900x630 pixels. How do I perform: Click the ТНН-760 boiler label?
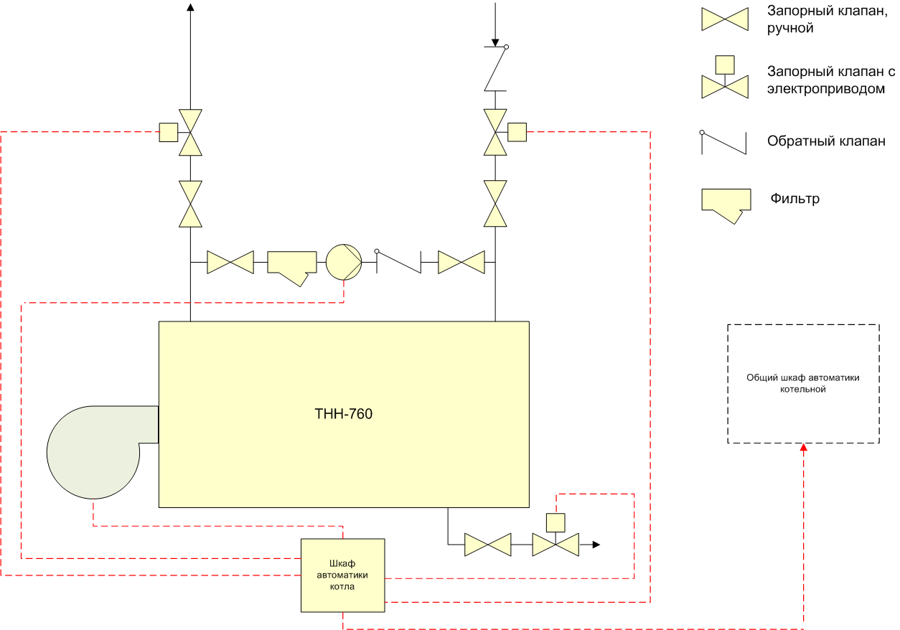(x=344, y=414)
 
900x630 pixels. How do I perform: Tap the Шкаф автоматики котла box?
(x=343, y=575)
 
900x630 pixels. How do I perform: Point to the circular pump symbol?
(x=344, y=262)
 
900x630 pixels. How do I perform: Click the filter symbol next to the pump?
(x=292, y=268)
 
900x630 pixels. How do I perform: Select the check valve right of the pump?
(x=398, y=261)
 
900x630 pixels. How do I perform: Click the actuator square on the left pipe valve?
(x=169, y=132)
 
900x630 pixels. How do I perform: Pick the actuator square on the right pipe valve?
(x=517, y=132)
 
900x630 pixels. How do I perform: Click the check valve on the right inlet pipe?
(x=496, y=68)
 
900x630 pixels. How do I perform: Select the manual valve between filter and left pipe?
(x=230, y=263)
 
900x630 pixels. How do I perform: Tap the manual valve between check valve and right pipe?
(x=461, y=263)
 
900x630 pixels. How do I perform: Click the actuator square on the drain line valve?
(x=556, y=522)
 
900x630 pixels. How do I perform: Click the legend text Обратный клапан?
(x=826, y=141)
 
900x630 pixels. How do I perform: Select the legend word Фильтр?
(x=794, y=199)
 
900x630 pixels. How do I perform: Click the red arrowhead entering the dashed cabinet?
(x=804, y=447)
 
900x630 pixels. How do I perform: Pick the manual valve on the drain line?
(x=488, y=545)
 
